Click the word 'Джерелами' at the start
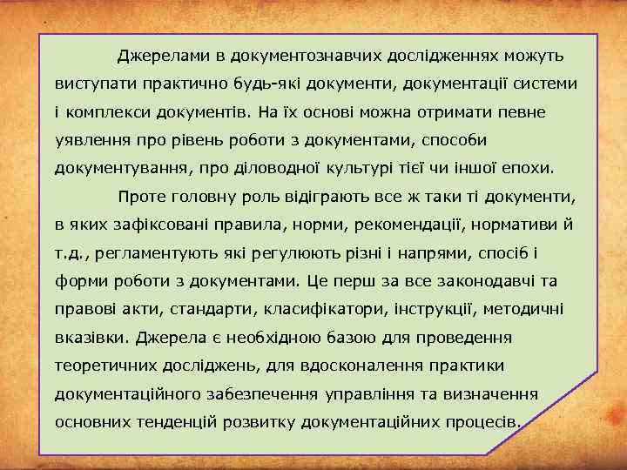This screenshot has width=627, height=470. [165, 57]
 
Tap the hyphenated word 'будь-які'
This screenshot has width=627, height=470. [261, 84]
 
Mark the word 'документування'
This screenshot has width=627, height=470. [112, 169]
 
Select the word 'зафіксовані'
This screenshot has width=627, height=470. [157, 225]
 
